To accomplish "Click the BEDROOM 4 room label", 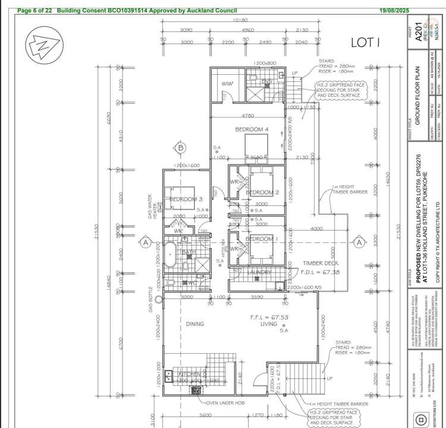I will click(x=252, y=129).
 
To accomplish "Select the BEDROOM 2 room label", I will click(x=262, y=192).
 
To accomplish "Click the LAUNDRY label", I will click(x=260, y=272).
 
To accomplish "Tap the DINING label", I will click(x=194, y=324).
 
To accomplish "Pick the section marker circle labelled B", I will click(x=181, y=148).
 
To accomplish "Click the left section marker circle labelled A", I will click(x=145, y=242).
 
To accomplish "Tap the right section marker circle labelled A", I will click(x=359, y=242).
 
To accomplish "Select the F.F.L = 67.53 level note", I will click(x=268, y=318).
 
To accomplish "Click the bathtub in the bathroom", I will click(x=171, y=255).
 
